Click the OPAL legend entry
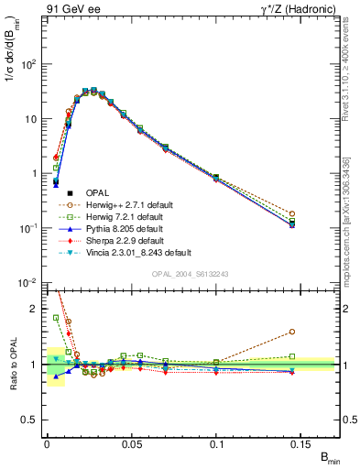(x=98, y=192)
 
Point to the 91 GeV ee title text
(x=70, y=8)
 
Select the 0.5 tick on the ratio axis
(x=30, y=420)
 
